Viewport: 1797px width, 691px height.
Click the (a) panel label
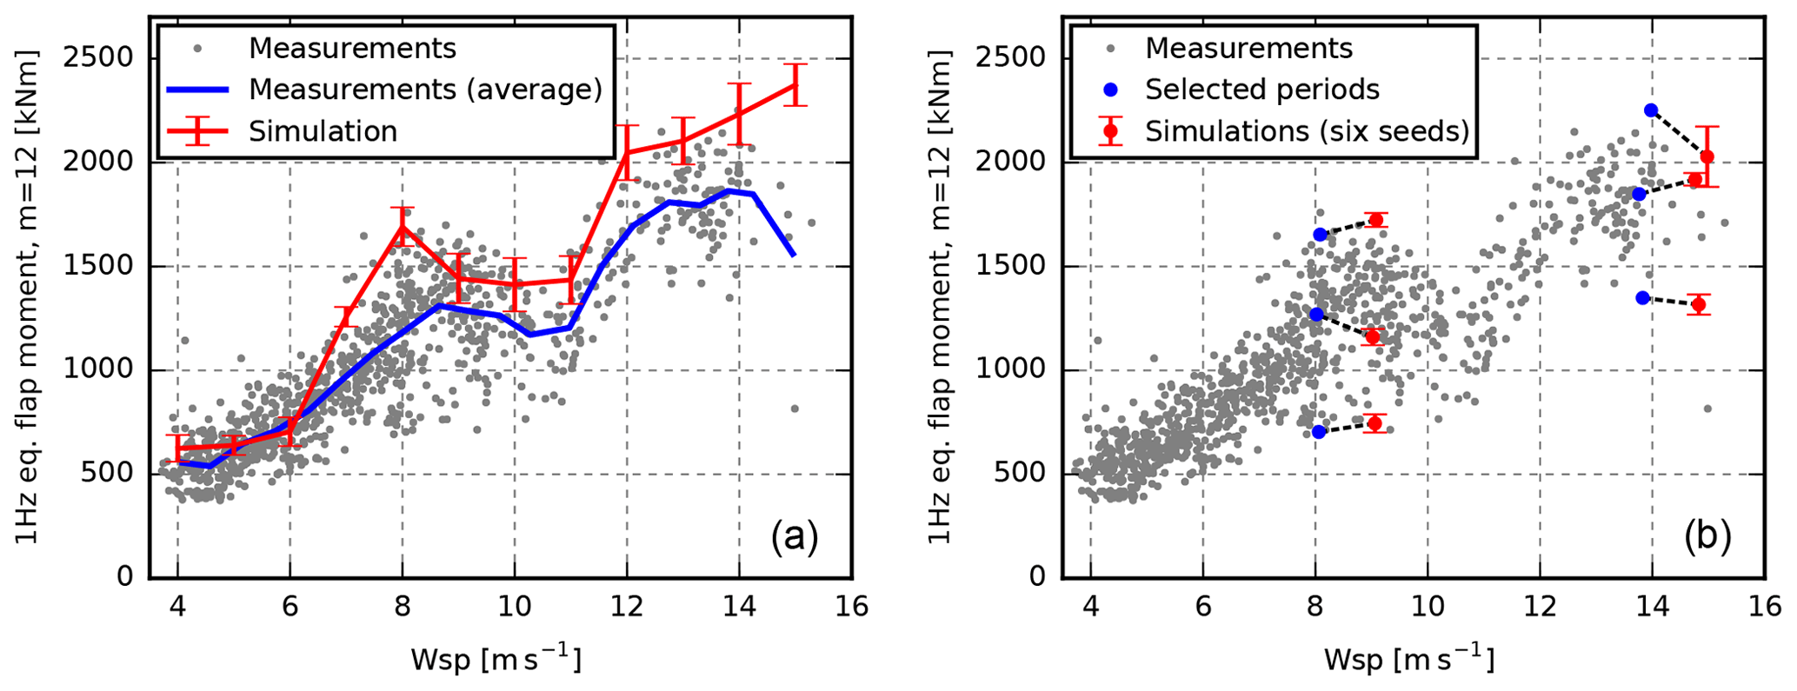(794, 537)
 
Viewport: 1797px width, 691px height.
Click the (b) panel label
(1707, 537)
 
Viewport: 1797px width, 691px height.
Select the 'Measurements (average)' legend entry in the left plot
(425, 90)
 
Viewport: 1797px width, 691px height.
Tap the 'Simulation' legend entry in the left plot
(323, 131)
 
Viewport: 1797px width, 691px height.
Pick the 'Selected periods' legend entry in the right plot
(1261, 90)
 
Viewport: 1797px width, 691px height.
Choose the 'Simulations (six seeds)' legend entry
(1307, 131)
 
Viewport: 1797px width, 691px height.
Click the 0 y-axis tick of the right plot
(1035, 577)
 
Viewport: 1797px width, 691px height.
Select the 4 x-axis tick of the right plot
(1090, 606)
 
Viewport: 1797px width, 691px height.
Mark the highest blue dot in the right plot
(1650, 110)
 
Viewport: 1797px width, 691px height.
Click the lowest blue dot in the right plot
(1319, 432)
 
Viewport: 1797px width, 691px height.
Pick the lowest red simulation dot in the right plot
(1374, 423)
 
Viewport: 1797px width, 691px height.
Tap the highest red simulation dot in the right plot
(1707, 156)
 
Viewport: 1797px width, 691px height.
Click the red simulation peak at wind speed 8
(402, 226)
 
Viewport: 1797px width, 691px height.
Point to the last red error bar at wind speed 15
(795, 85)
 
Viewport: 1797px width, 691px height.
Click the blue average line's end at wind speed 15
(794, 255)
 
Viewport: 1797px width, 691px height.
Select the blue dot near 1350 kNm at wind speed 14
(1642, 298)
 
